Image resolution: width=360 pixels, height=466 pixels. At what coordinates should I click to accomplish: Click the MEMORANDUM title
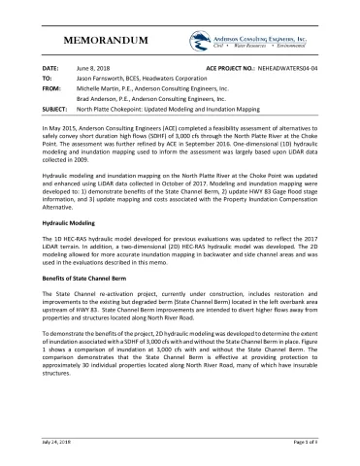(105, 42)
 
